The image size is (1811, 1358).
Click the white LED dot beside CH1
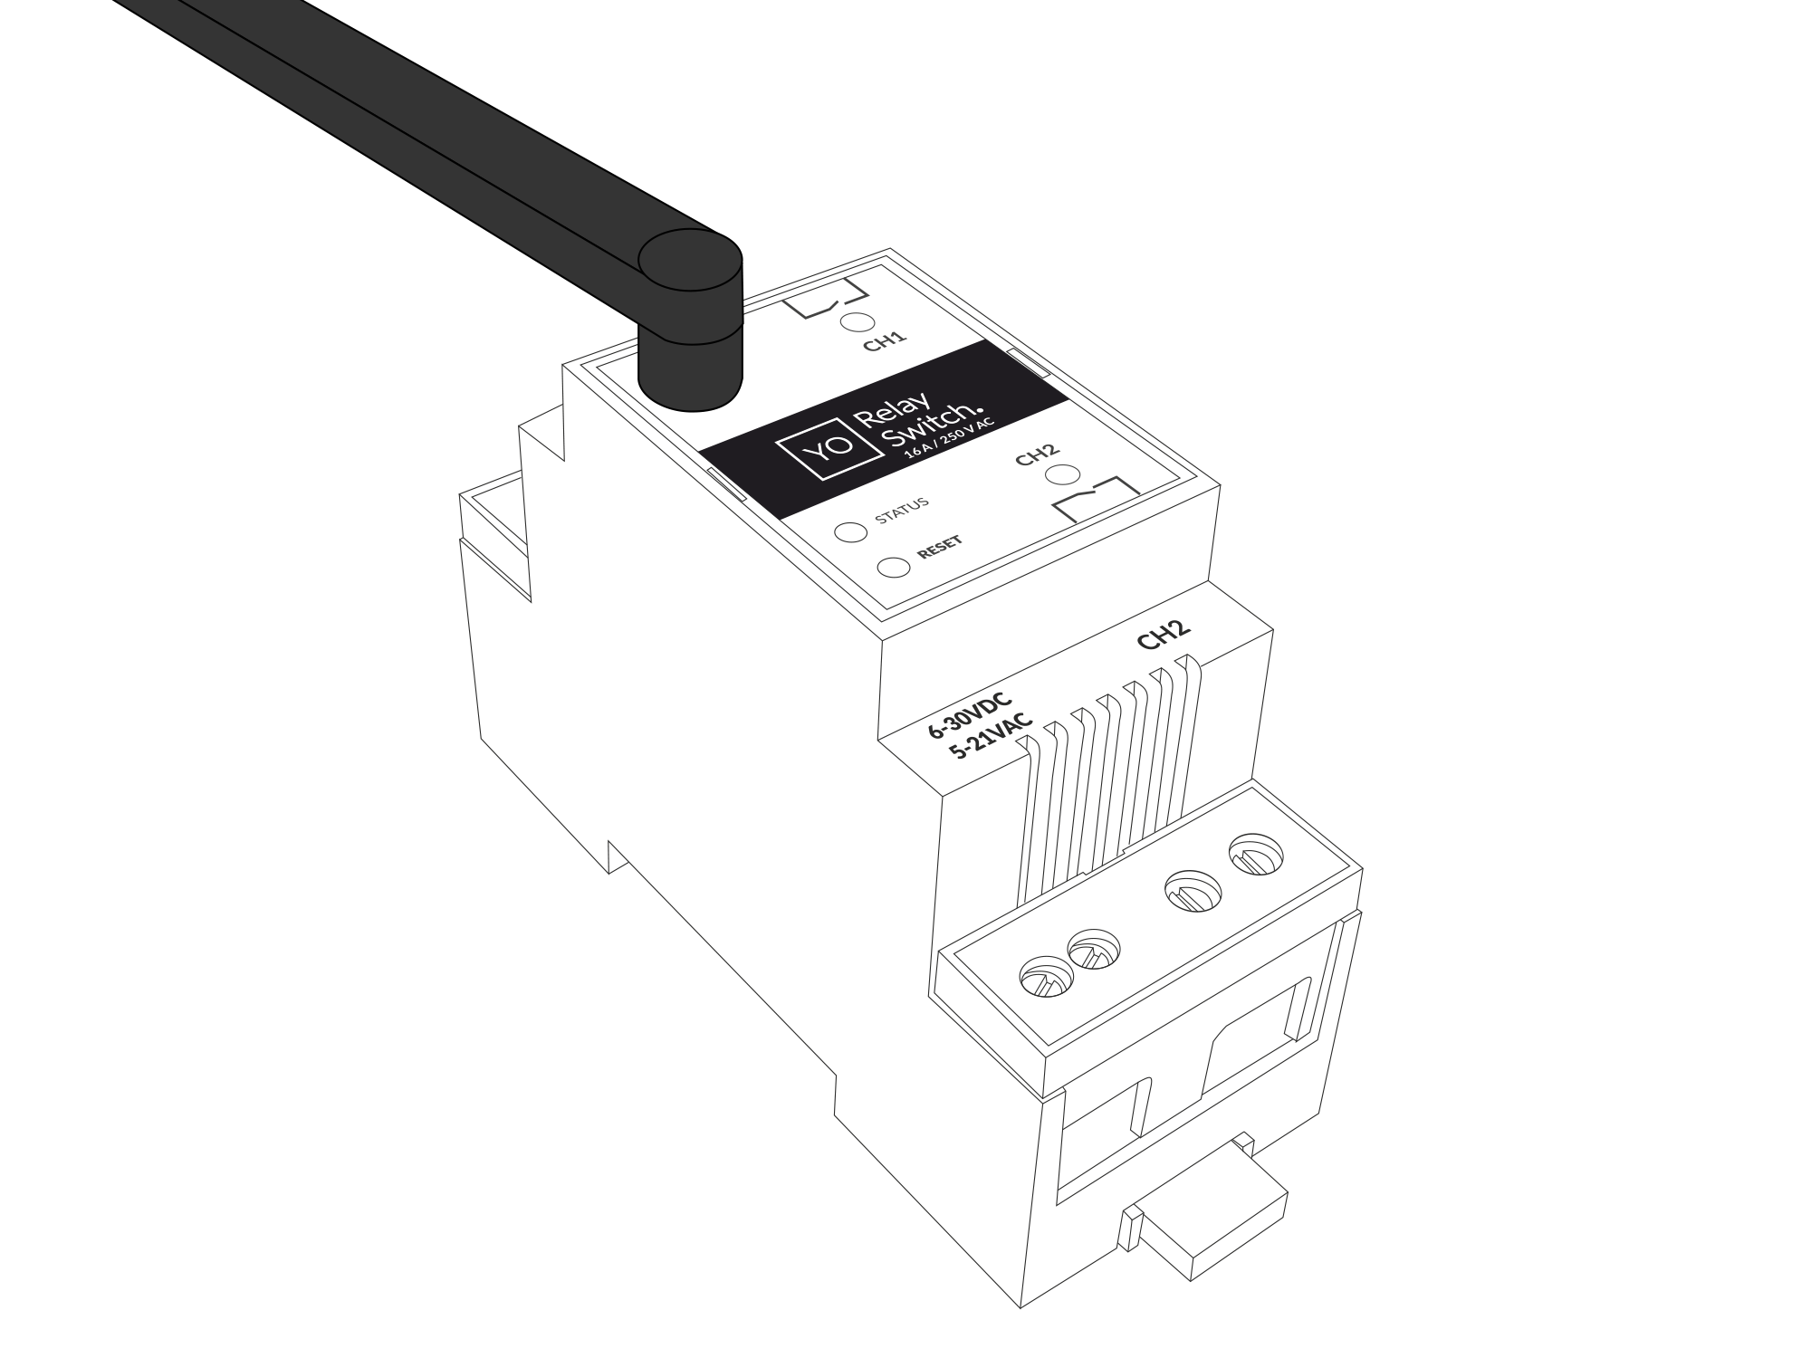coord(857,323)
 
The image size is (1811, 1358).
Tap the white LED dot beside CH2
coord(1062,475)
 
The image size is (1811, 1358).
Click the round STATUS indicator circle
coord(851,531)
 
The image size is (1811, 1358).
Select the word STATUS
coord(902,512)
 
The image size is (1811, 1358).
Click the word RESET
coord(940,547)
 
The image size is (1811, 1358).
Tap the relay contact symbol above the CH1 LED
coord(819,304)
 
